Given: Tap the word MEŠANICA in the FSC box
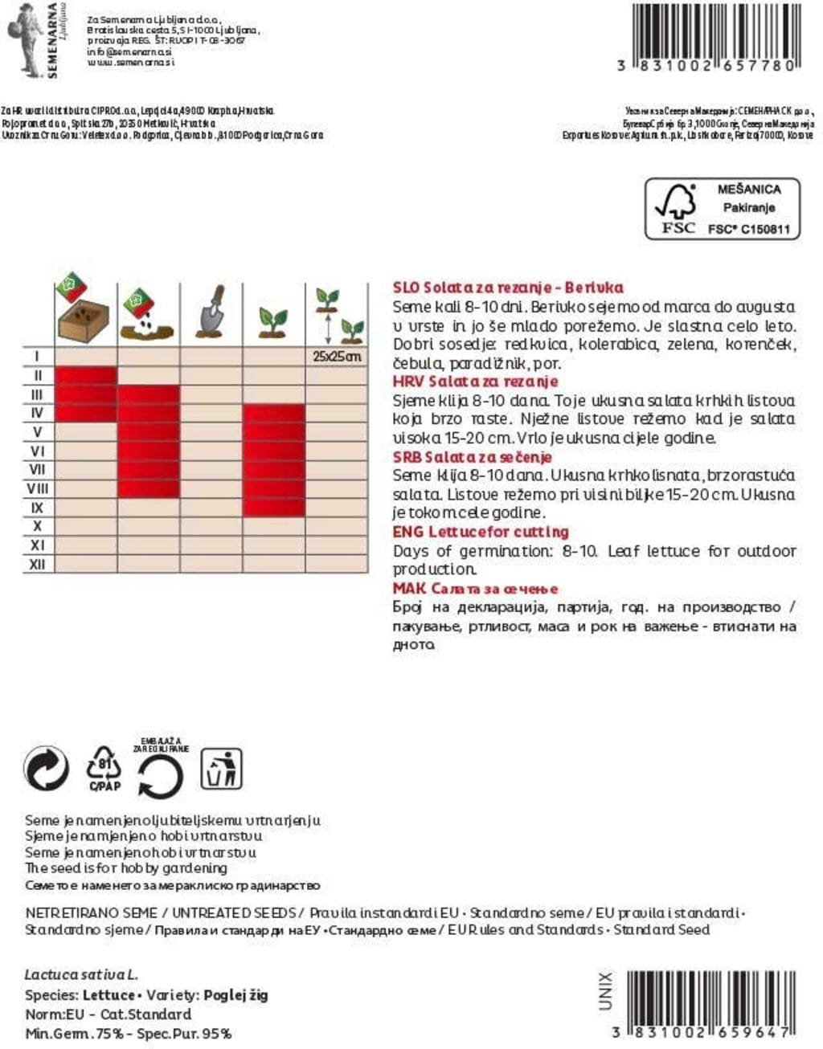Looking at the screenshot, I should click(x=749, y=190).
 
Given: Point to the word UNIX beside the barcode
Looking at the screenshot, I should click(x=606, y=991).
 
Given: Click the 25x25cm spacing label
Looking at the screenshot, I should click(x=337, y=356).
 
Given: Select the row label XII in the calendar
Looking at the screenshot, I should click(x=38, y=565).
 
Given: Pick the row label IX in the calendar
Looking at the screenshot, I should click(x=38, y=508).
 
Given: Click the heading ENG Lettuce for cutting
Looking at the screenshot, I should click(x=480, y=532).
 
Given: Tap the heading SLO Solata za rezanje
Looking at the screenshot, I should click(x=508, y=288).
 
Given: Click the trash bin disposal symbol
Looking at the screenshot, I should click(x=221, y=769).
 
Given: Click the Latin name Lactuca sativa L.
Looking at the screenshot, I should click(x=81, y=974).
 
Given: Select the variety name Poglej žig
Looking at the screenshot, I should click(x=236, y=995).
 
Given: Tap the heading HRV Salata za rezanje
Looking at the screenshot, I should click(x=475, y=382).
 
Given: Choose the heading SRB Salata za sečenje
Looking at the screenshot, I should click(x=472, y=457).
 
